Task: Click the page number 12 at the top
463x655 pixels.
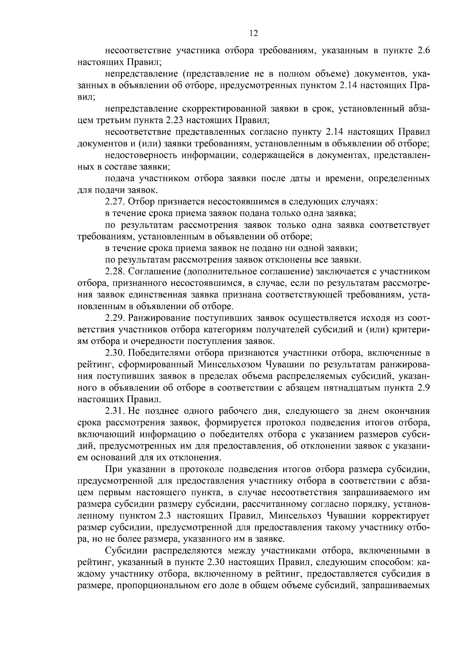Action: coord(253,33)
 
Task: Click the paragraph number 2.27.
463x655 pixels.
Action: coord(114,201)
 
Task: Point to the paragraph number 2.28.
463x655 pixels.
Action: coord(114,272)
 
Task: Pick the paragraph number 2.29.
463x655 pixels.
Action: coord(114,318)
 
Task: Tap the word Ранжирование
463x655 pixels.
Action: coord(159,318)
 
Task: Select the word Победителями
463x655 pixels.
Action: coord(160,353)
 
